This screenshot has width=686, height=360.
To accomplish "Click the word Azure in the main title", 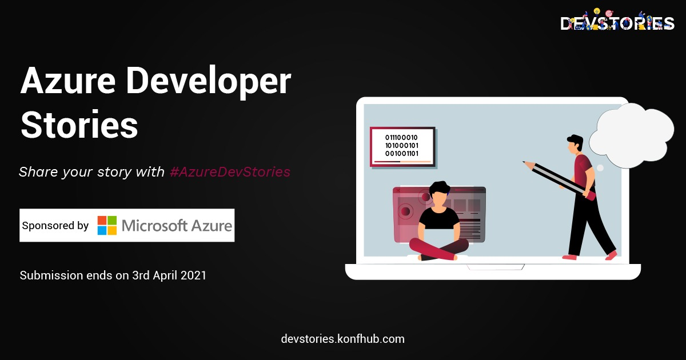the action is point(67,81).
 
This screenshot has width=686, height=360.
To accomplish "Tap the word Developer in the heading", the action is point(209,82).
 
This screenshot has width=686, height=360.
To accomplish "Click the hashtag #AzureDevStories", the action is point(230,172).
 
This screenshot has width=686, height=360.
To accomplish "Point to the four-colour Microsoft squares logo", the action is point(107,225).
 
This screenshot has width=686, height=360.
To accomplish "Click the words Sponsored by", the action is point(55,226).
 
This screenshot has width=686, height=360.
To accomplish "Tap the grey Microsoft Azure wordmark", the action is point(177,226).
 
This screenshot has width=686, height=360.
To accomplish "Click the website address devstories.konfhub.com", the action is point(342,339).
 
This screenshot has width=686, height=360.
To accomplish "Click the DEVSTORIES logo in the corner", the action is point(617,21).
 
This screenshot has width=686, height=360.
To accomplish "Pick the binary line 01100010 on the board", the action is point(401,138).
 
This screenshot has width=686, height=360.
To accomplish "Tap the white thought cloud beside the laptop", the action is point(632,135).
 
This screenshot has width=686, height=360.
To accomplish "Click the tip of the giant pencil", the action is point(524,162).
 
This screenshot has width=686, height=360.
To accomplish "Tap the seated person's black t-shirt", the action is point(439,218).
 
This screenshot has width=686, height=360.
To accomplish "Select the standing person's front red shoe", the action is point(611,255).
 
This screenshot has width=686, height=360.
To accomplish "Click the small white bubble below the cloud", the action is point(600,168).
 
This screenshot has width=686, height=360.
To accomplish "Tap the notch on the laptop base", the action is point(495,267).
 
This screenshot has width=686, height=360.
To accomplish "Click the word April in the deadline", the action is point(165,276).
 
